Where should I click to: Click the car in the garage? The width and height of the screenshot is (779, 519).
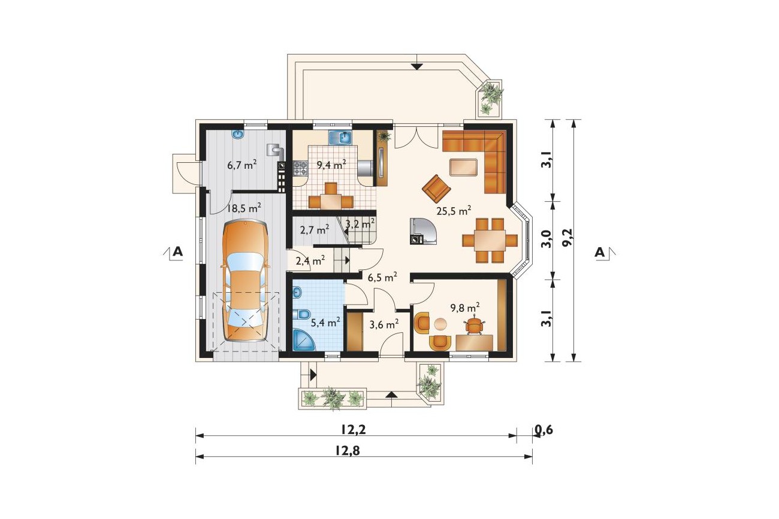[246, 281]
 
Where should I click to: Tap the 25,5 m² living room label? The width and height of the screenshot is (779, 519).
[454, 211]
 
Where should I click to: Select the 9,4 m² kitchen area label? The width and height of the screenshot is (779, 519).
[331, 164]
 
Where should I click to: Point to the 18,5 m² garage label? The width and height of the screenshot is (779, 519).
[244, 208]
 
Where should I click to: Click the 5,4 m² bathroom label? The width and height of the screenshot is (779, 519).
[325, 323]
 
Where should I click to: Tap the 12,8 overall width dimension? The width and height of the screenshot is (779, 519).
[348, 451]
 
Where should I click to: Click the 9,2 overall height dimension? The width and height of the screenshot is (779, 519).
[567, 239]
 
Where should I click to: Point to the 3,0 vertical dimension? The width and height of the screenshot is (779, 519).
[546, 239]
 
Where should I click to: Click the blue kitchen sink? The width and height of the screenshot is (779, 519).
[341, 138]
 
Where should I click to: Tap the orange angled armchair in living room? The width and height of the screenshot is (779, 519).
[436, 188]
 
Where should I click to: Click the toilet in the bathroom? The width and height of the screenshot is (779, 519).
[301, 314]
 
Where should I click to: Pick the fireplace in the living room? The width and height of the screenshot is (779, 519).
[423, 232]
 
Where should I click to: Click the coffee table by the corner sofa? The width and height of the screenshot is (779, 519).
[463, 168]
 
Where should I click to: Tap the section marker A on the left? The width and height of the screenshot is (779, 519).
[177, 251]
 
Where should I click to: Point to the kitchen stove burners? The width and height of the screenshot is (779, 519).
[300, 168]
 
